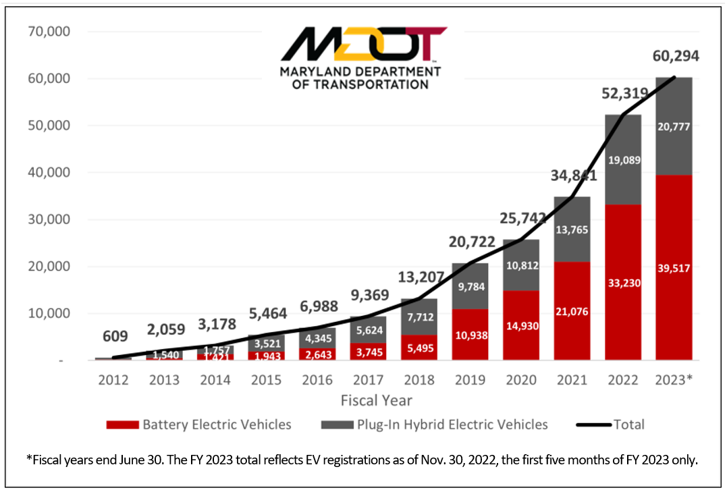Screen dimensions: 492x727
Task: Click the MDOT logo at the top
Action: (363, 58)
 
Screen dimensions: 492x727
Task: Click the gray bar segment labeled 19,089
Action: (623, 161)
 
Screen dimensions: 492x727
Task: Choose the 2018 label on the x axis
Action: (418, 380)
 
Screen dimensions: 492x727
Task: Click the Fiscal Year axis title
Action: (376, 401)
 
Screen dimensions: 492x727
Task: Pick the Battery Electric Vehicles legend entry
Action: (198, 425)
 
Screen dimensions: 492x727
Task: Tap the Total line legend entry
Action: (610, 425)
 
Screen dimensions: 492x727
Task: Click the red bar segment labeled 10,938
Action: (469, 335)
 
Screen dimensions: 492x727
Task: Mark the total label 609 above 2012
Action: (114, 335)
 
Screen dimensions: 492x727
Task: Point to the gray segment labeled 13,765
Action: (571, 229)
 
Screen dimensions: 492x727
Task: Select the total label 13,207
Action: (419, 276)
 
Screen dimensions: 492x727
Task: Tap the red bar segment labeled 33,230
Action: (623, 283)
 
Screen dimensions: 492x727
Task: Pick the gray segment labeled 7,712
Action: (419, 317)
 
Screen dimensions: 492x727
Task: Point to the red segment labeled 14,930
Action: (520, 326)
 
